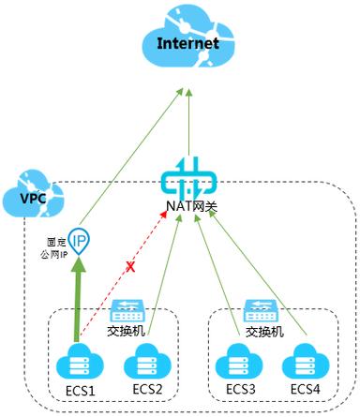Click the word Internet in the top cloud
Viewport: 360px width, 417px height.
[187, 43]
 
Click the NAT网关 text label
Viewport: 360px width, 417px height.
[188, 206]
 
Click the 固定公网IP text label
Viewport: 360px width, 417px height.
[52, 246]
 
